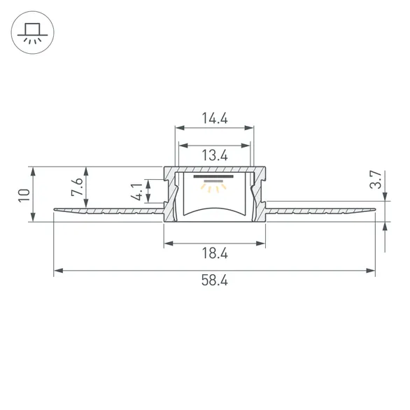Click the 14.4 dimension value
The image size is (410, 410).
pos(214,118)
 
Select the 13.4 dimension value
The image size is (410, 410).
pos(214,155)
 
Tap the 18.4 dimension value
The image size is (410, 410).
pos(215,253)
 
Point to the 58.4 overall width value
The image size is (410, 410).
pos(214,281)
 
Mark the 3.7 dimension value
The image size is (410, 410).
pos(376,179)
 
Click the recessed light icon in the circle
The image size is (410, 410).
pos(33,33)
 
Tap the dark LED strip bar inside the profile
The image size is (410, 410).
pos(213,176)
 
